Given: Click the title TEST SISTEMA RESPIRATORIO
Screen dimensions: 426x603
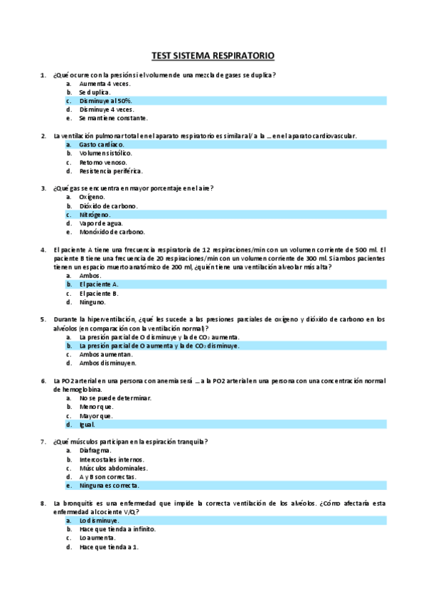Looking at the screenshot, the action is pos(213,55).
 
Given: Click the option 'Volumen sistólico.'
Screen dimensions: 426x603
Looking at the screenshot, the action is pos(106,153).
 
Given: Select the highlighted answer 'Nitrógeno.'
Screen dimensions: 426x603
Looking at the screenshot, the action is pos(95,214).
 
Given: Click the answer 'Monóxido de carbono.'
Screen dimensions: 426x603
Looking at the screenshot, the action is pos(112,232).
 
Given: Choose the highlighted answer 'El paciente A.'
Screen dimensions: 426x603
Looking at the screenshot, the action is pos(99,284).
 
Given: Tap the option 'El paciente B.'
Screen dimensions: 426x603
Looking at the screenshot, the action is pos(99,293).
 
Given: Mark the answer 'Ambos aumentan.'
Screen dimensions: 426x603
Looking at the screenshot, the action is pos(106,353).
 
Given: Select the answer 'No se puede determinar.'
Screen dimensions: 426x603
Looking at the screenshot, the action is pos(115,398).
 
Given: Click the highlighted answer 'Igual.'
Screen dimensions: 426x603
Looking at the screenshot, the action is pos(87,425).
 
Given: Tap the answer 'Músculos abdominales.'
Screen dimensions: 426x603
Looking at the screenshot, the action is pos(114,468).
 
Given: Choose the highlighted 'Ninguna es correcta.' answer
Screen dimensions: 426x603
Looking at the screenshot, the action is pos(110,486).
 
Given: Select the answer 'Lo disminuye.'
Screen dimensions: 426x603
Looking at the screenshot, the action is pos(100,521).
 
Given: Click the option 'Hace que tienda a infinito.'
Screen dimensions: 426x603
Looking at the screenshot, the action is pos(117,529).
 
